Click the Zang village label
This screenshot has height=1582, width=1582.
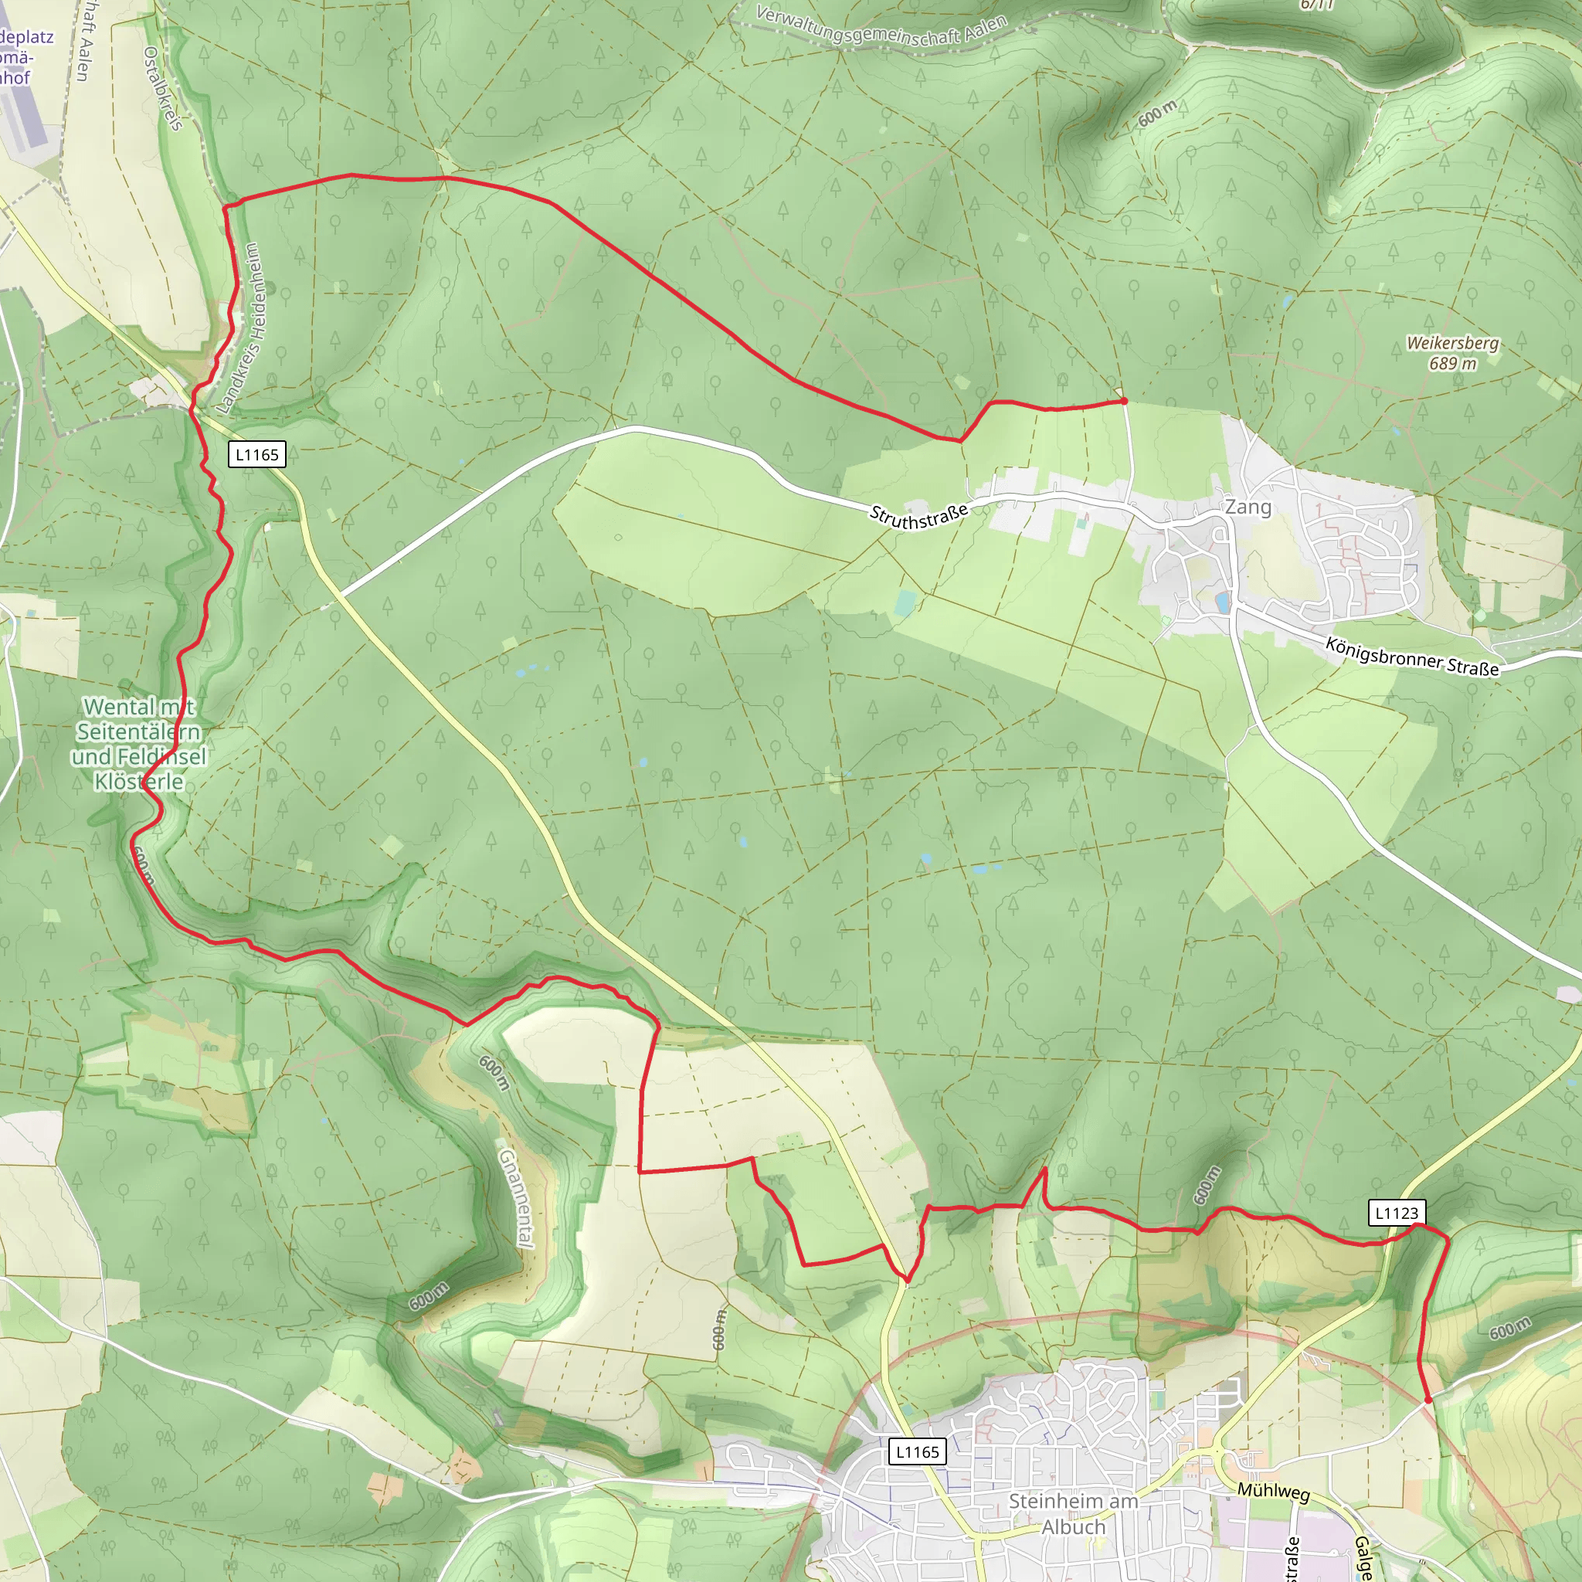pos(1248,507)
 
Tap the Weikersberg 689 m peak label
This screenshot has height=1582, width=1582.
pos(1453,353)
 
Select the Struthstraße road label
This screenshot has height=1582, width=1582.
pos(918,516)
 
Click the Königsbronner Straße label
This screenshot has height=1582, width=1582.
pos(1412,657)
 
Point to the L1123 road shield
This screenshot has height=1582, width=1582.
pos(1397,1213)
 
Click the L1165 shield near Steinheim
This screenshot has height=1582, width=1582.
pos(917,1451)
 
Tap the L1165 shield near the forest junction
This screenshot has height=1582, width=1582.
pos(256,454)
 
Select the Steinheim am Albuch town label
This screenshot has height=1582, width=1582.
pos(1073,1514)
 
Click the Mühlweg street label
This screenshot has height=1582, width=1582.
pos(1273,1491)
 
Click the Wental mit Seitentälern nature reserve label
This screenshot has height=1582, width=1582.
pos(138,744)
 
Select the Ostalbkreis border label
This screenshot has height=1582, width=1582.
pos(163,87)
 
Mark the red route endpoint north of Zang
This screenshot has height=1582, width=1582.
pos(1124,401)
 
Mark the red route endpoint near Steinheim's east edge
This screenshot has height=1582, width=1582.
pos(1429,1400)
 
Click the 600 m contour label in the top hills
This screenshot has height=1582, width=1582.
pos(1157,113)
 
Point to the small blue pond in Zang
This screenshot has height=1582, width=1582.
pos(1223,603)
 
